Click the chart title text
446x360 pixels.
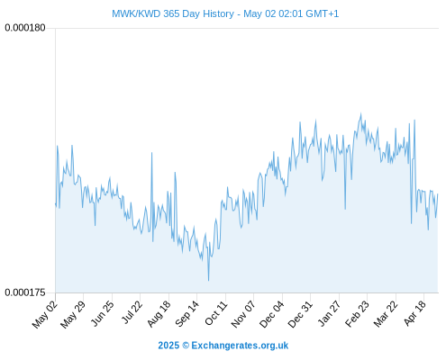225,13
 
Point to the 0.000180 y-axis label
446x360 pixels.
25,28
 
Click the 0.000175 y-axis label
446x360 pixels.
25,292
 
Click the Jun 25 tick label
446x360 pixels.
103,313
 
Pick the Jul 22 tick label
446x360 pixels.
131,312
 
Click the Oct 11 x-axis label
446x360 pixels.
216,313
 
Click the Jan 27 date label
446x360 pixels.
330,313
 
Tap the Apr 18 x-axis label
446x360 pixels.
415,313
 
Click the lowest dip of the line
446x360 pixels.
208,281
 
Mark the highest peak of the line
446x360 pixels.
360,113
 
